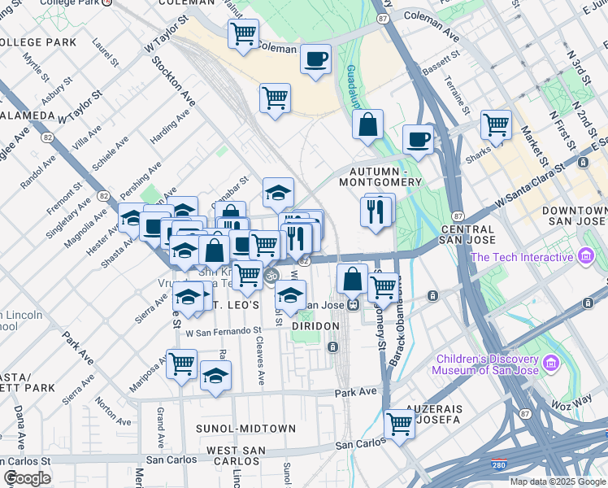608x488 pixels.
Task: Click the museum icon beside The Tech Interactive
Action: point(585,258)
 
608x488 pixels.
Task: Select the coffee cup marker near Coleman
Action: point(315,59)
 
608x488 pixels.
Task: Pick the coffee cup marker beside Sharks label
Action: point(418,139)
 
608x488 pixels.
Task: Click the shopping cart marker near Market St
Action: point(496,125)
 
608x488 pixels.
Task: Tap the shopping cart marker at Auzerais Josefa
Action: point(399,423)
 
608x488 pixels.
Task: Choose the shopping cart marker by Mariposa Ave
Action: point(181,363)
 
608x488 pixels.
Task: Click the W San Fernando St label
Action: point(223,332)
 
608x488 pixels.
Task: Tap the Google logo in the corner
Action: point(27,477)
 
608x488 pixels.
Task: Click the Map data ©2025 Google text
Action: point(557,481)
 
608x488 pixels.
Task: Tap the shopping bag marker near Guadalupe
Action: point(368,125)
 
